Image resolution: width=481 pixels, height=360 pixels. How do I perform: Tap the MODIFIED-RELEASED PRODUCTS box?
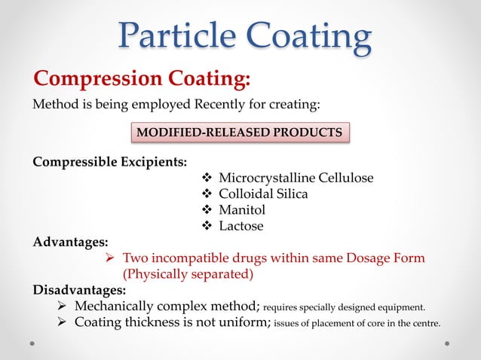(x=240, y=133)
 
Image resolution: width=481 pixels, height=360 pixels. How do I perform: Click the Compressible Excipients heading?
(x=109, y=161)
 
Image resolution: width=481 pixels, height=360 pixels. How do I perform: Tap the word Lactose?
(x=241, y=226)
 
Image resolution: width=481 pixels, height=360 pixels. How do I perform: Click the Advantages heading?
(x=70, y=243)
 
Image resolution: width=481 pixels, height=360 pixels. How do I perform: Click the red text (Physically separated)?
(x=188, y=274)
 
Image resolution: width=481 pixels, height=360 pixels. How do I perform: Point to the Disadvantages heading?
(x=79, y=290)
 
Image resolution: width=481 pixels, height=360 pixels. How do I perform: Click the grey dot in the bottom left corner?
(x=33, y=342)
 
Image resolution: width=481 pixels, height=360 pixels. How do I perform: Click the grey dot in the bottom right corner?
(x=447, y=342)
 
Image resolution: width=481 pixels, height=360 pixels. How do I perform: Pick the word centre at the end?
(x=424, y=324)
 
